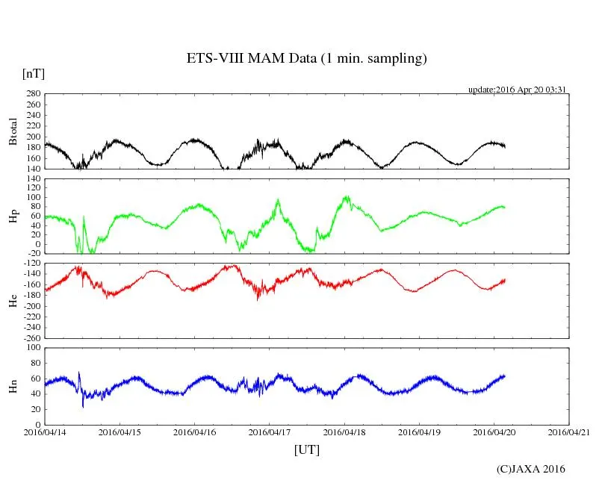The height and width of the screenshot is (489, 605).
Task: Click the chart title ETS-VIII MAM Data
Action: (x=306, y=59)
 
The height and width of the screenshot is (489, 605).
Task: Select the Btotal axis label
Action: (x=13, y=131)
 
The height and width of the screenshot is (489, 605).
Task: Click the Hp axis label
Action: (x=13, y=217)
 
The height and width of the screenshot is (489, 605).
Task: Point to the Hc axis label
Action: (x=13, y=301)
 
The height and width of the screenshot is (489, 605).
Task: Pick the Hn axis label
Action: (x=13, y=386)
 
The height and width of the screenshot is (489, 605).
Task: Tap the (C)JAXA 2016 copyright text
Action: (x=531, y=469)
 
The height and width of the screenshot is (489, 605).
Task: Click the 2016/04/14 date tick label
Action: (x=45, y=432)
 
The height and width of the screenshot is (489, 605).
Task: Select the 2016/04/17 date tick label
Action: (x=270, y=432)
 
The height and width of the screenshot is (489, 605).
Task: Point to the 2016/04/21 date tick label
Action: (x=569, y=432)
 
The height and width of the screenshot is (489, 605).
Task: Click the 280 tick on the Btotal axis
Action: (x=32, y=94)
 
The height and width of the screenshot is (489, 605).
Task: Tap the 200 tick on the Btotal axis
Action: (x=32, y=137)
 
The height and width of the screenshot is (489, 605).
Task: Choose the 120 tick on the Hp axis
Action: (x=32, y=179)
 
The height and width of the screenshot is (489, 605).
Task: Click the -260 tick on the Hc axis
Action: (x=30, y=338)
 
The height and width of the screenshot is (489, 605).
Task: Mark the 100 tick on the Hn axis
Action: (x=32, y=348)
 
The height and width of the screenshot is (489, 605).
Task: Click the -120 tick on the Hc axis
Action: (x=30, y=264)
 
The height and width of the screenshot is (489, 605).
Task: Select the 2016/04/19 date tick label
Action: (x=419, y=432)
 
